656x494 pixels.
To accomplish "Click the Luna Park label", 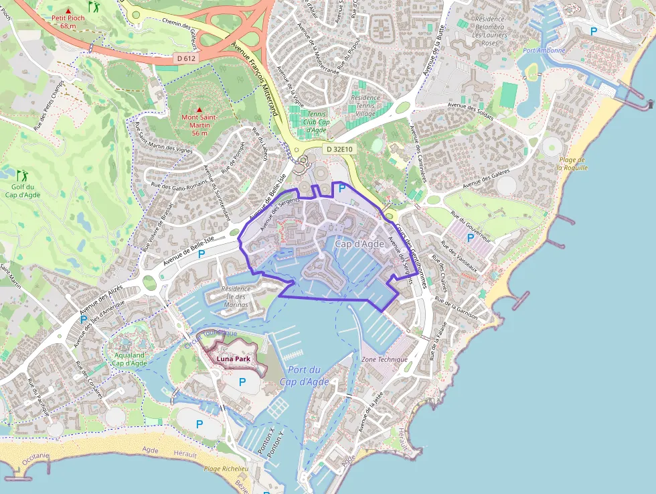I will tap(233, 359).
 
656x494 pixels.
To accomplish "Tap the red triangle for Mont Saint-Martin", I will tap(199, 109).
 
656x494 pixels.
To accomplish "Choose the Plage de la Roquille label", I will tap(573, 164).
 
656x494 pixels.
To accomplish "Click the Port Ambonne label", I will tap(544, 50).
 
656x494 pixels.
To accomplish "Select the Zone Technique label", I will tap(384, 359).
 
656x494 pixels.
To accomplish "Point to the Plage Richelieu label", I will tap(226, 469).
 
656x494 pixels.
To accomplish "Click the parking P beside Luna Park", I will tap(242, 381).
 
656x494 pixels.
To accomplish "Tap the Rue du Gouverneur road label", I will tap(472, 227).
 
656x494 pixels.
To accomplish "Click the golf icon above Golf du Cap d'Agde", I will tap(22, 176).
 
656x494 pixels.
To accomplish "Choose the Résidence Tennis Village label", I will tap(365, 106).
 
